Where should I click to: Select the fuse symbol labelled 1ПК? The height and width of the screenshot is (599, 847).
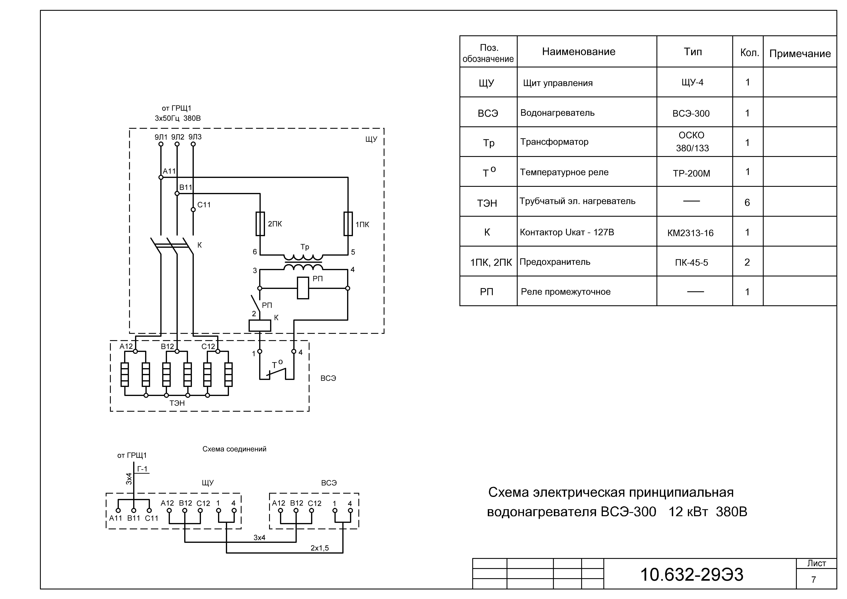pyautogui.click(x=348, y=224)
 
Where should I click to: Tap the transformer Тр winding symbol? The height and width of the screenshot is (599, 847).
pyautogui.click(x=303, y=262)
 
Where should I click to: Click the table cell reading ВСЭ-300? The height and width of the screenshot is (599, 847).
pyautogui.click(x=691, y=114)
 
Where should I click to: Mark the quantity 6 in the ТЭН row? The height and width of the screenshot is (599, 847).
pyautogui.click(x=747, y=203)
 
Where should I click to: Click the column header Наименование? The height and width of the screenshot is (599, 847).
pyautogui.click(x=578, y=52)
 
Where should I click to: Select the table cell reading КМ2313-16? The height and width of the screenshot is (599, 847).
pyautogui.click(x=690, y=233)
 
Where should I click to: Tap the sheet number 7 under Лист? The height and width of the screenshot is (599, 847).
pyautogui.click(x=813, y=580)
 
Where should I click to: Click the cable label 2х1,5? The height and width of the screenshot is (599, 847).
pyautogui.click(x=319, y=548)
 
